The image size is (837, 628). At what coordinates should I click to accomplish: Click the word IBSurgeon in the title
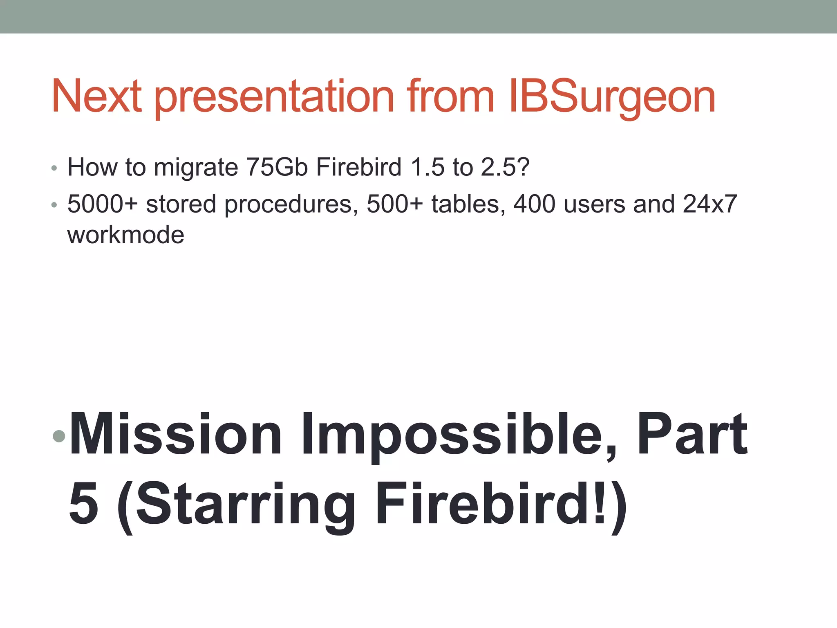point(612,97)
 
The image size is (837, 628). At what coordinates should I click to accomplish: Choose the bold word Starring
point(245,505)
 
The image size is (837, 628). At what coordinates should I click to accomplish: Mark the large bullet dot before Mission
point(59,436)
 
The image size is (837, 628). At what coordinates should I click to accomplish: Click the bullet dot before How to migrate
point(54,168)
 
